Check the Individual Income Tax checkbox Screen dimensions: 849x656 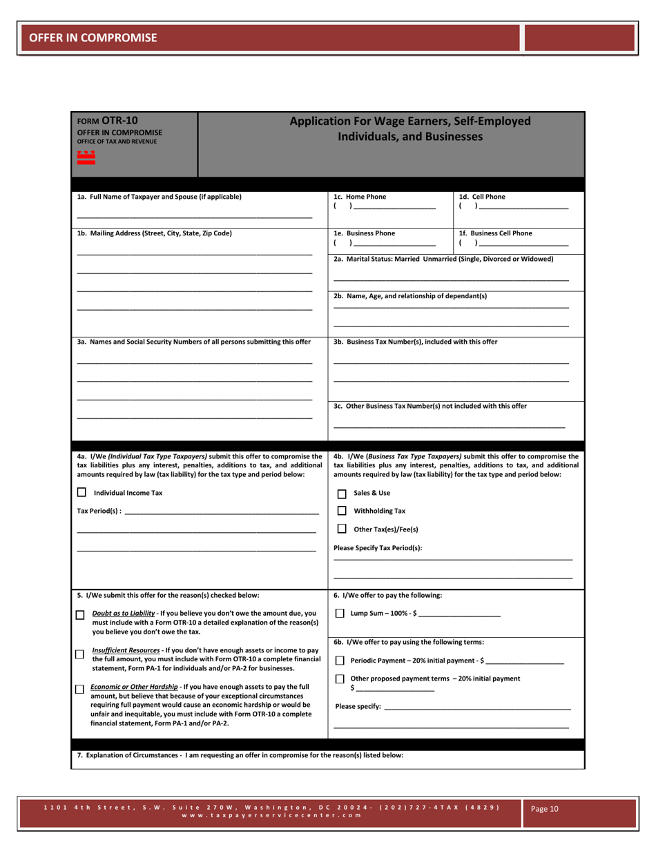click(81, 493)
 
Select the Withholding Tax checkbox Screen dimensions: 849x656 click(340, 511)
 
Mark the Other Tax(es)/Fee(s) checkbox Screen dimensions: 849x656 click(340, 529)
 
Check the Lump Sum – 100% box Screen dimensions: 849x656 click(339, 614)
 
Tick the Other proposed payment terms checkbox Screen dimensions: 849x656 click(339, 679)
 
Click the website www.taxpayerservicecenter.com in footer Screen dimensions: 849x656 click(271, 814)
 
